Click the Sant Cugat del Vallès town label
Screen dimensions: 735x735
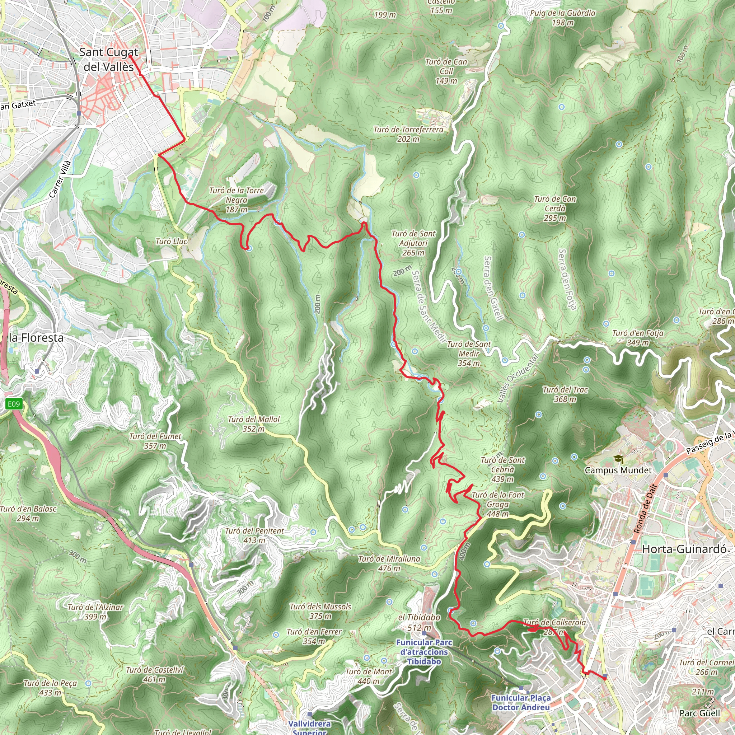pyautogui.click(x=108, y=59)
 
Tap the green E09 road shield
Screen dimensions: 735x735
pyautogui.click(x=14, y=404)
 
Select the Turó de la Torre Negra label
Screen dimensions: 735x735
pyautogui.click(x=236, y=200)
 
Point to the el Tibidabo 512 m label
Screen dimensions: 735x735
pyautogui.click(x=419, y=622)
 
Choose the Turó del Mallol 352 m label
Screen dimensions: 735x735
pyautogui.click(x=253, y=424)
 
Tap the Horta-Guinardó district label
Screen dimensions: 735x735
pyautogui.click(x=684, y=549)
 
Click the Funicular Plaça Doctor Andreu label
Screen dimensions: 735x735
pyautogui.click(x=521, y=702)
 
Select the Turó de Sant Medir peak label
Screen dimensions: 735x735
pyautogui.click(x=469, y=354)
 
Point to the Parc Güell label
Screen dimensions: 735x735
pyautogui.click(x=699, y=713)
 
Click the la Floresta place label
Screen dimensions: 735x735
pyautogui.click(x=36, y=337)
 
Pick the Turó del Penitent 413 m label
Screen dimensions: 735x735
pyautogui.click(x=254, y=535)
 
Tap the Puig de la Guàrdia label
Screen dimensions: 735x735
pyautogui.click(x=563, y=18)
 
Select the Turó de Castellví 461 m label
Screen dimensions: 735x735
pyautogui.click(x=154, y=674)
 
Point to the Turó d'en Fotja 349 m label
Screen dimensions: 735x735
pyautogui.click(x=638, y=337)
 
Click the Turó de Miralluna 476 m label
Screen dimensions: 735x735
pyautogui.click(x=389, y=563)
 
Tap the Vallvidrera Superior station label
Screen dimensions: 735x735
pyautogui.click(x=309, y=727)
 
